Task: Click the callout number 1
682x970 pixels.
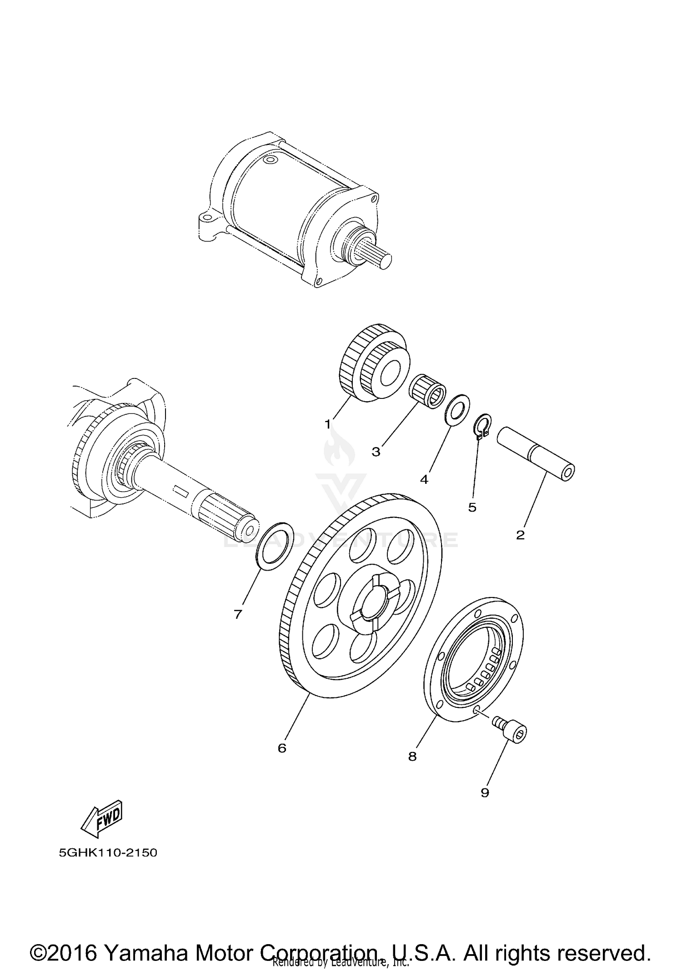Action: (327, 424)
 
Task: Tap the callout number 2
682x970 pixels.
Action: (520, 535)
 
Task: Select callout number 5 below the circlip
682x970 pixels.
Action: (472, 507)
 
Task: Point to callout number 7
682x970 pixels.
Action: (238, 615)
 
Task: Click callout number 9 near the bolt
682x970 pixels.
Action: (485, 793)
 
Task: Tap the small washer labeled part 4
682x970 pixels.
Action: (456, 410)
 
